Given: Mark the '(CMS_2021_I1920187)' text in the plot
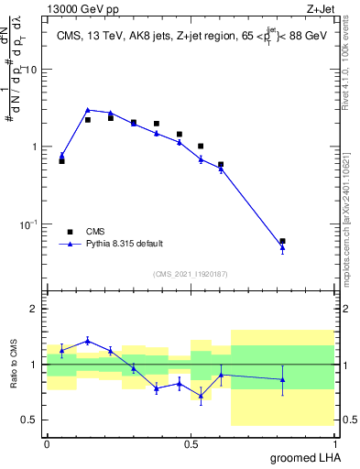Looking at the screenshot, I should (191, 274).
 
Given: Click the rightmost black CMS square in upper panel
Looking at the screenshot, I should (282, 241).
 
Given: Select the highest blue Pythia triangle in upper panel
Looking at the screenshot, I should (88, 110).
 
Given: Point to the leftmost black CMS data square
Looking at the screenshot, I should (61, 160).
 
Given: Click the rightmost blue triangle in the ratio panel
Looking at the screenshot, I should (282, 379).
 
